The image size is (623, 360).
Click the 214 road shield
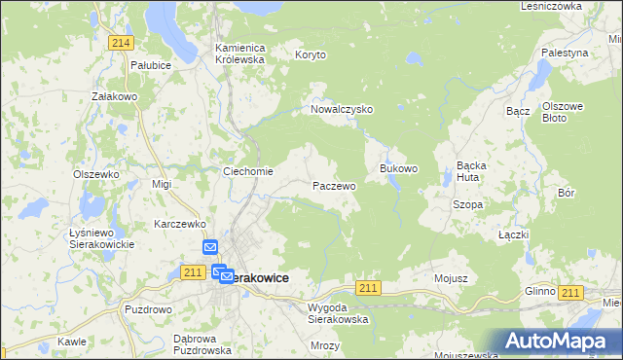click(x=122, y=43)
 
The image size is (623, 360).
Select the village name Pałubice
click(x=151, y=64)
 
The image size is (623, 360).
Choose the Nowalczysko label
click(x=342, y=110)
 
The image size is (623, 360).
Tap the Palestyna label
click(x=565, y=52)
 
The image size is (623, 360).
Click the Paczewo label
click(x=333, y=185)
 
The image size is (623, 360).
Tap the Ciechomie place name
click(x=247, y=172)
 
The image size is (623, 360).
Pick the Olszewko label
click(x=95, y=174)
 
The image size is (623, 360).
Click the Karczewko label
click(x=177, y=224)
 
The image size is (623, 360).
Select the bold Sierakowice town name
click(x=256, y=277)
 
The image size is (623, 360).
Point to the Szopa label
click(x=468, y=205)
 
